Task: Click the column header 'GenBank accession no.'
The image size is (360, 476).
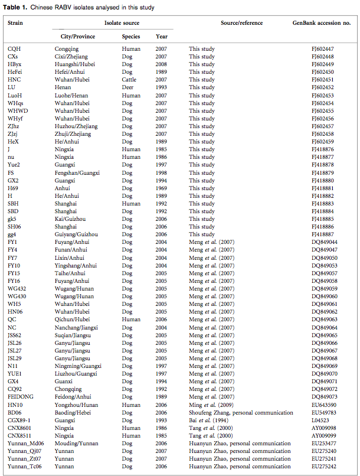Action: (322, 23)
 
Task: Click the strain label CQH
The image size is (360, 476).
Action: (14, 48)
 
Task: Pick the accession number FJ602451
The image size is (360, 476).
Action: (323, 80)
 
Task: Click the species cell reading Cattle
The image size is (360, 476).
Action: (129, 80)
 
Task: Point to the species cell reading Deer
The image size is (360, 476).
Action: (128, 87)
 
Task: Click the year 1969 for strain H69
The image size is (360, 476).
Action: (161, 188)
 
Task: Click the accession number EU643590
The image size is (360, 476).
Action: (323, 405)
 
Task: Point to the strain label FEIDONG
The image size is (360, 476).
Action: (21, 397)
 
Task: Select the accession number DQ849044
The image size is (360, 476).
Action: (323, 242)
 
